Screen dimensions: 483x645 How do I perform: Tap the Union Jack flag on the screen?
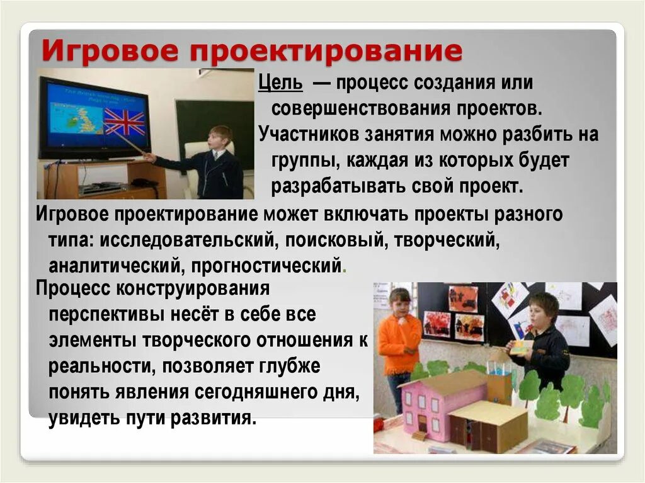124,121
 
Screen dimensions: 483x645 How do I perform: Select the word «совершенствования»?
357,108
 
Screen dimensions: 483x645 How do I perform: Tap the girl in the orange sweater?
399,340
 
